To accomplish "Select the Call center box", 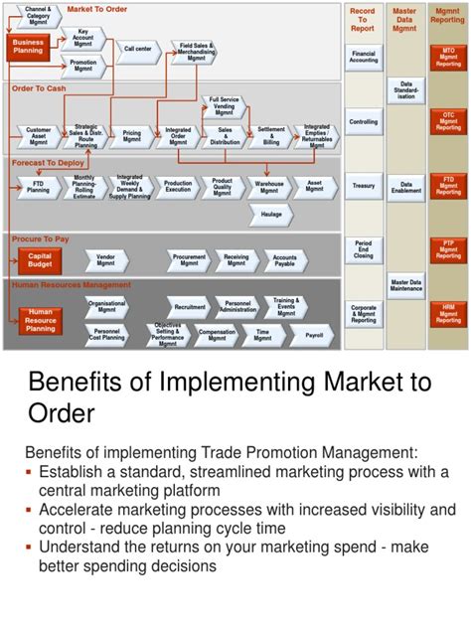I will (137, 48).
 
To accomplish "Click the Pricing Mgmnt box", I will (131, 134).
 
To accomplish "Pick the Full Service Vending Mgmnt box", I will (224, 106).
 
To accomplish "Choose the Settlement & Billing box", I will (270, 134).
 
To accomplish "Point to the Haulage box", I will (270, 215).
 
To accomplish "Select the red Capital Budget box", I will (40, 259).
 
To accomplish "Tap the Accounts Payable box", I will (284, 260).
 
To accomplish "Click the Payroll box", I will (313, 336).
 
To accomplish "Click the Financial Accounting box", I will (364, 57).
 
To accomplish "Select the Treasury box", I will (364, 186).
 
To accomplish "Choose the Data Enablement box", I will (405, 186).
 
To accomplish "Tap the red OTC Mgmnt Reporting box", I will (448, 122).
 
